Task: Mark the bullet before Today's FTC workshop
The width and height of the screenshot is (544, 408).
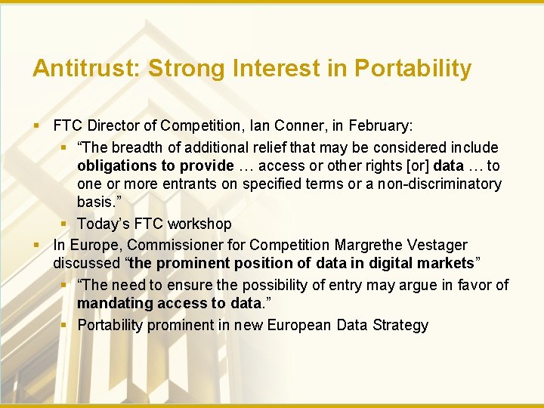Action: point(66,224)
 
